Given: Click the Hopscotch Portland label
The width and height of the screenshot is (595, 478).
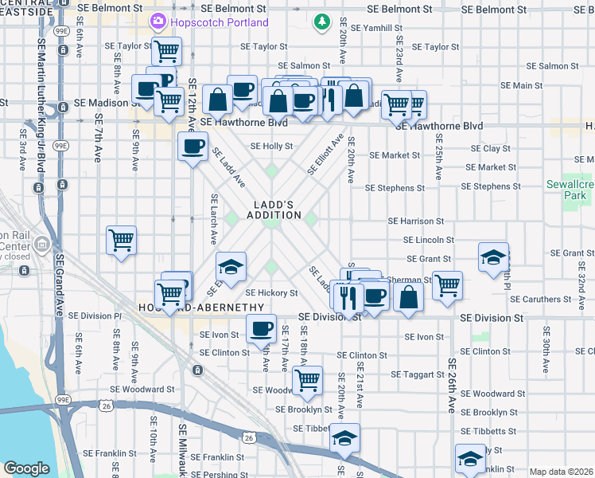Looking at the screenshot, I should click(x=220, y=22).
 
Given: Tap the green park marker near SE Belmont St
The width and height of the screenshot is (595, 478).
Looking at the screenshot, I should click(x=321, y=22).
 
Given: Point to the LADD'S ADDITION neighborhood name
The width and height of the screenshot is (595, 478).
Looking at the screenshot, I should click(x=274, y=210).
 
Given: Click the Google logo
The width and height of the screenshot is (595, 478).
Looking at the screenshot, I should click(x=26, y=468).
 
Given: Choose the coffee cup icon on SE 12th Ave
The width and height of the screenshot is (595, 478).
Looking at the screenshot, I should click(x=193, y=147).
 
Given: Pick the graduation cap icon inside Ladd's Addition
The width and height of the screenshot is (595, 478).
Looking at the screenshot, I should click(x=231, y=266).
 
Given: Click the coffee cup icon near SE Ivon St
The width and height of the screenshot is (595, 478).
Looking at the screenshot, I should click(x=260, y=327).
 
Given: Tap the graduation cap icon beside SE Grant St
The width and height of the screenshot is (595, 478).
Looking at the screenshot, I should click(x=493, y=256).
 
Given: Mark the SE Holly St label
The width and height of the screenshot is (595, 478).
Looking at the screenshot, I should click(x=272, y=147).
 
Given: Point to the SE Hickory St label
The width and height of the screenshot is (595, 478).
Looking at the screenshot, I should click(x=271, y=293).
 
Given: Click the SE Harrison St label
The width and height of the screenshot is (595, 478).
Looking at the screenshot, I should click(x=414, y=221).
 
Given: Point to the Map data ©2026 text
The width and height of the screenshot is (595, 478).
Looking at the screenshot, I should click(x=561, y=472).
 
